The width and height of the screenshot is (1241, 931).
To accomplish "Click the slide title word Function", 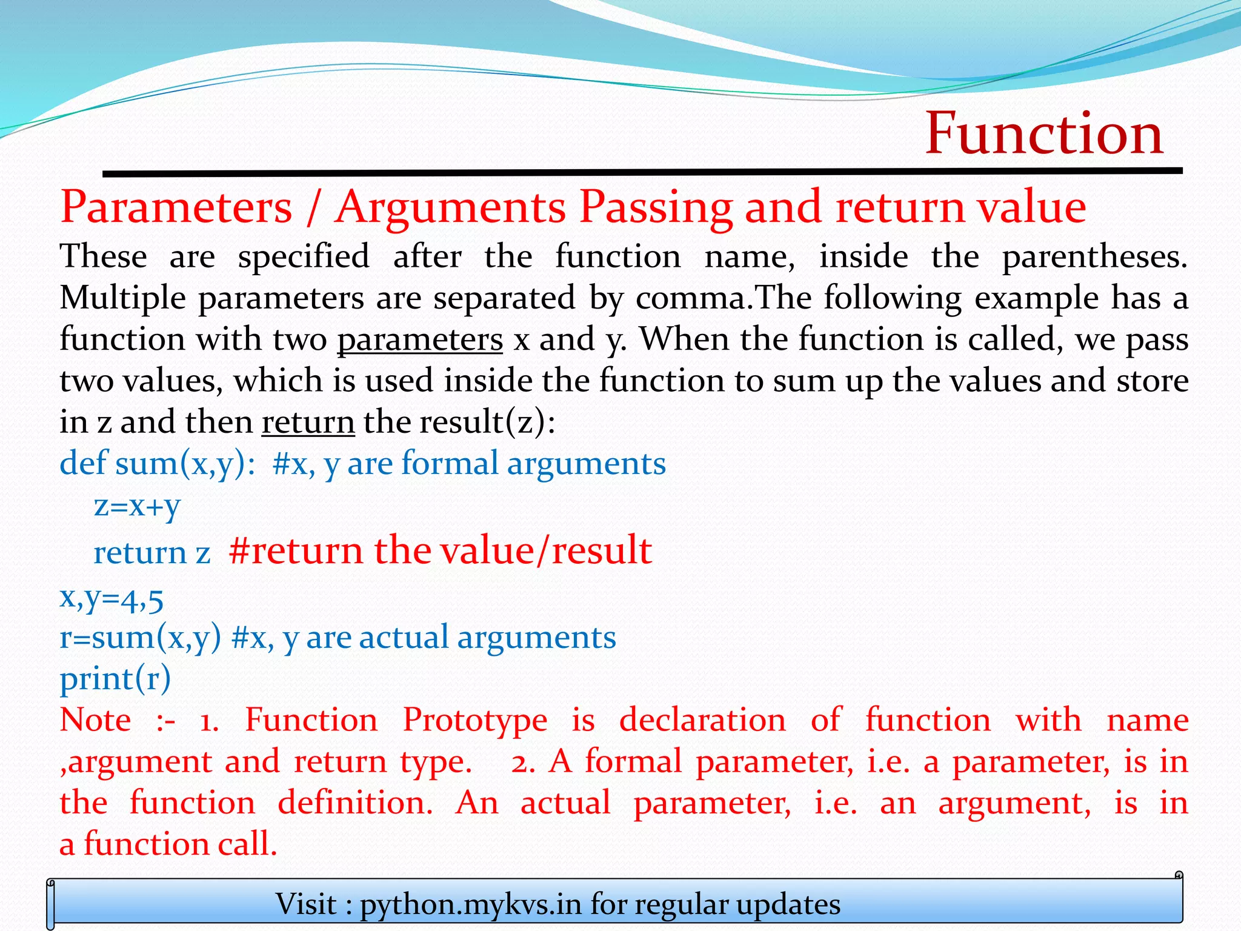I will (1043, 134).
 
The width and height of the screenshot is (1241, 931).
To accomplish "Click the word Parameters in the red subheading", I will (176, 208).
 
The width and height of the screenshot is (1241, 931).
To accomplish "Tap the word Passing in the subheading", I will (656, 208).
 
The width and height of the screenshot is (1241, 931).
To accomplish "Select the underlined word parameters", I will (420, 339).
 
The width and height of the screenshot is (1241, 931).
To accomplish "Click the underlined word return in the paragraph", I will (308, 422).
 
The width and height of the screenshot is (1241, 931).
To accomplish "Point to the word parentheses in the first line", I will (1093, 257).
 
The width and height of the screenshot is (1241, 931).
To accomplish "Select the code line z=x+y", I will (137, 506).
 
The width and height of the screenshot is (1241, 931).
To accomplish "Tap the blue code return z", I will (151, 553).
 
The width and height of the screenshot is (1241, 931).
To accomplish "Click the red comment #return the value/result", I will (441, 550).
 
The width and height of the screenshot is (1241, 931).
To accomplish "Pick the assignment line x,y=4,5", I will (111, 599).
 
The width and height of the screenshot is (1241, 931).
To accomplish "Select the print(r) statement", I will (115, 679).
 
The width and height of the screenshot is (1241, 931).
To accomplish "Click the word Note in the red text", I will (95, 721).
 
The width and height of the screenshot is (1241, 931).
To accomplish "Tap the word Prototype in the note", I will (475, 721).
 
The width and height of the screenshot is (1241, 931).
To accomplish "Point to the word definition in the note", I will (355, 803).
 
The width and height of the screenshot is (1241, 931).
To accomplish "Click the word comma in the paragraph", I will (690, 299).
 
